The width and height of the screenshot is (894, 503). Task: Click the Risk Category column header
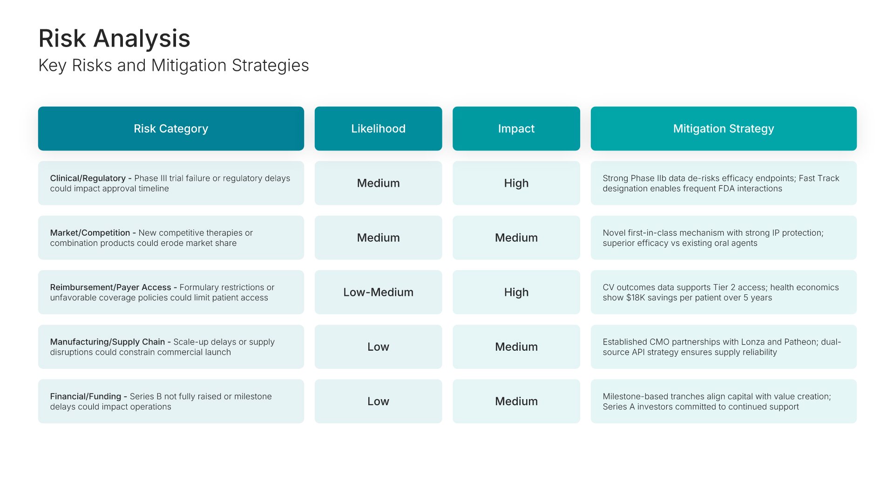click(x=171, y=129)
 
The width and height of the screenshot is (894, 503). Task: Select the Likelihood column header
click(x=378, y=129)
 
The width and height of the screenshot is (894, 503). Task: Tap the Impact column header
click(x=516, y=129)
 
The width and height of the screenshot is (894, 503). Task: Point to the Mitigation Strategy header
click(x=724, y=129)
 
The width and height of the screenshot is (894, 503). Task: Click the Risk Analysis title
click(x=114, y=38)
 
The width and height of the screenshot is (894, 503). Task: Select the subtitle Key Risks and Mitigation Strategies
click(x=174, y=66)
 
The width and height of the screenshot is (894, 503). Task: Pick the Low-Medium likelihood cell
click(x=378, y=292)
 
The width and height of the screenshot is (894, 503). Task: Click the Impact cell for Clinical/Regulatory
click(x=516, y=183)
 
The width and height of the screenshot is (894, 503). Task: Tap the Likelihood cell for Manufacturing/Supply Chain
click(x=378, y=347)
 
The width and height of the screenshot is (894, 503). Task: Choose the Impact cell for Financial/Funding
click(x=516, y=401)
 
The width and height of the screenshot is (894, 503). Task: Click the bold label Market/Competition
click(x=90, y=233)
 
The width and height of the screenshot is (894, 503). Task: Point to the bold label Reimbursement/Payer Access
click(x=110, y=287)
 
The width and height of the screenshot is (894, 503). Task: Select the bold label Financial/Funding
click(x=85, y=396)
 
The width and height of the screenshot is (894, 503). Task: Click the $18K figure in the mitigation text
click(x=636, y=298)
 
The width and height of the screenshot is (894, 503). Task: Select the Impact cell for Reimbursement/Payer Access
click(x=516, y=292)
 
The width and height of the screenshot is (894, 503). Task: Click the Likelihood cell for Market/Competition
click(x=378, y=238)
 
